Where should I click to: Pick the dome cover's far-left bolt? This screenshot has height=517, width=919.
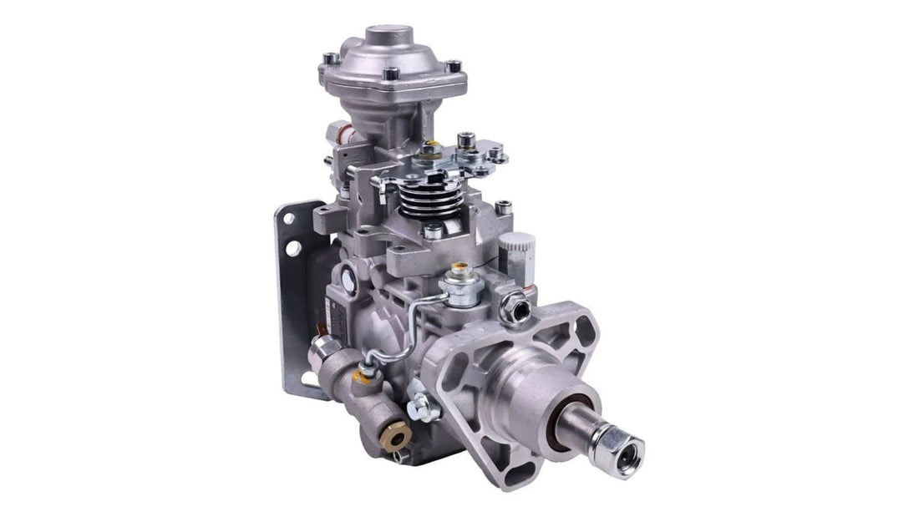[329, 58]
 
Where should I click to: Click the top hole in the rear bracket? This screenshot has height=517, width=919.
[288, 220]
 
